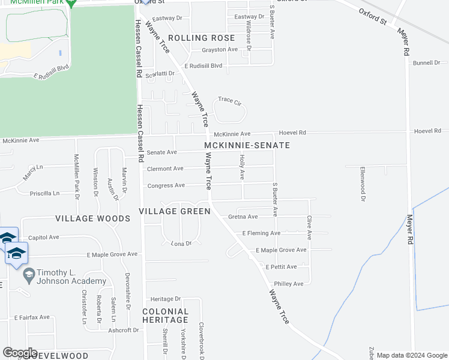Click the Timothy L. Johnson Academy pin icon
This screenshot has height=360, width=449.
pos(28,275)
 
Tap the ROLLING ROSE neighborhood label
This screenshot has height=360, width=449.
pos(201,38)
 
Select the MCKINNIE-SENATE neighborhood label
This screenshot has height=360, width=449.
pos(247,146)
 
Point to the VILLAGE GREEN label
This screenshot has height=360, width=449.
pos(174,211)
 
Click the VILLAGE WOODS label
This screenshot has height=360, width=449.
pos(92,219)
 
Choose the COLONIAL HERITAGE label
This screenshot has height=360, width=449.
pos(165,316)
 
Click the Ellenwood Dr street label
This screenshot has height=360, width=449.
pos(363,179)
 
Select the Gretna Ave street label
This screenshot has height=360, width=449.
pos(243,217)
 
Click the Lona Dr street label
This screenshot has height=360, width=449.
pos(181,244)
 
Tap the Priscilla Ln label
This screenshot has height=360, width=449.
pos(45,194)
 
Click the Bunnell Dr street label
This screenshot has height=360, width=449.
pos(426,62)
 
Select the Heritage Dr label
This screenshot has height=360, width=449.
pos(165,299)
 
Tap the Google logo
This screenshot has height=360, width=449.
pos(20,353)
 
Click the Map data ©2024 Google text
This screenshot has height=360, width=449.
pos(412,355)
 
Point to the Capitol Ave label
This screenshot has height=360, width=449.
pos(43,237)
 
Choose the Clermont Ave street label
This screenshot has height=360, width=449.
pos(165,169)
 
